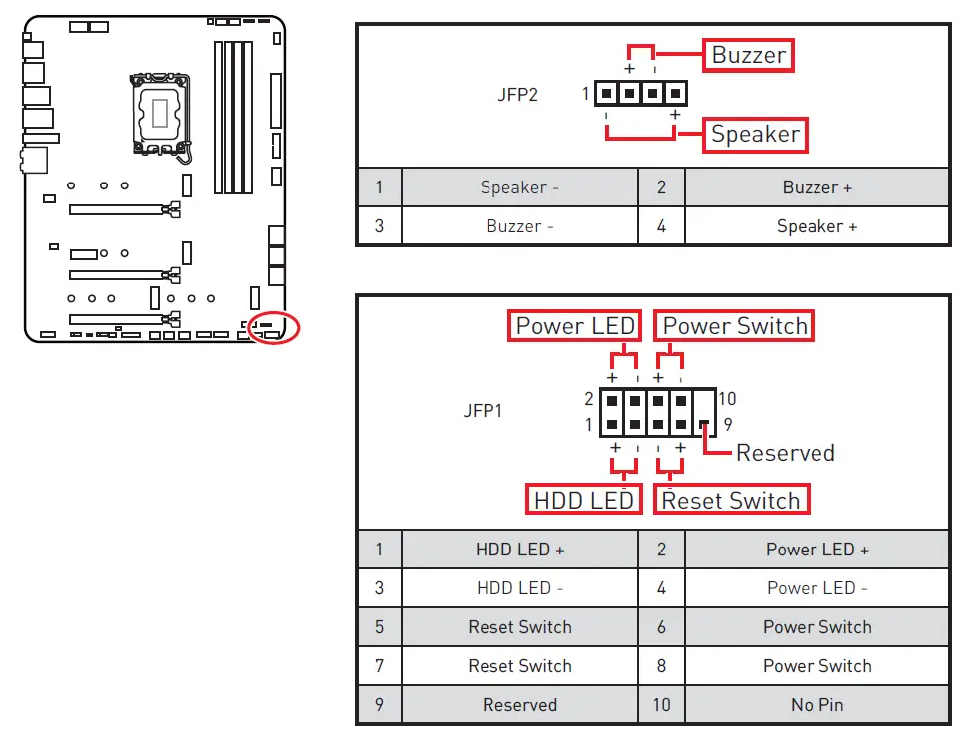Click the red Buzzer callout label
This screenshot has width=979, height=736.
(749, 55)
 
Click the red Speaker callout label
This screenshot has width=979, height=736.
(755, 134)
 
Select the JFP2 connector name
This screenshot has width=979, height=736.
(517, 96)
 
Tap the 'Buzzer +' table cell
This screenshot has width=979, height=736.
(816, 187)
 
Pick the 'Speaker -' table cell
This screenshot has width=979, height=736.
(519, 187)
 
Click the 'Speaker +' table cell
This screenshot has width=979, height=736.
(816, 226)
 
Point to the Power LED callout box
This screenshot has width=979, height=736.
(574, 326)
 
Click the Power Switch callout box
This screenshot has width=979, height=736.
(734, 326)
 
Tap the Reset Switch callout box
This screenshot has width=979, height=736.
(731, 499)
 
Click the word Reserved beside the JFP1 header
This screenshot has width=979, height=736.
(785, 453)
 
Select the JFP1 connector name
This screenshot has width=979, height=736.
(483, 410)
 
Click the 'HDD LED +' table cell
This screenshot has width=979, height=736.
(519, 550)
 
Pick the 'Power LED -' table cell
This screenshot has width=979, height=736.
(816, 588)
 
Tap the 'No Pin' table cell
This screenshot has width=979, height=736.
(816, 705)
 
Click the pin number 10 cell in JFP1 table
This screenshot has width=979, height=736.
(661, 705)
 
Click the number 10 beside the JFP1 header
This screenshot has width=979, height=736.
(726, 399)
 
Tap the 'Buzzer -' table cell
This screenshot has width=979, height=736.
(519, 226)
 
